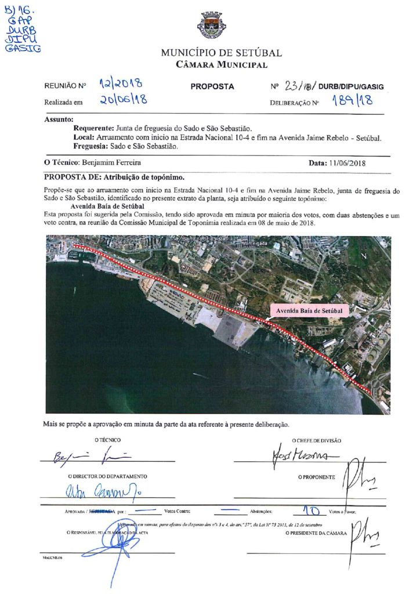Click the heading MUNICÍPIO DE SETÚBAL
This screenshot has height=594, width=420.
222,53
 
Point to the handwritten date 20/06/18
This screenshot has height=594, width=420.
122,100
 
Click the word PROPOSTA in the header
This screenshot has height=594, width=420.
212,86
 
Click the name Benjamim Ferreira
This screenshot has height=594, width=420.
111,163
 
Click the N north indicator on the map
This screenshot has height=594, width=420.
364,255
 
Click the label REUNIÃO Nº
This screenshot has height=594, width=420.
65,86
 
